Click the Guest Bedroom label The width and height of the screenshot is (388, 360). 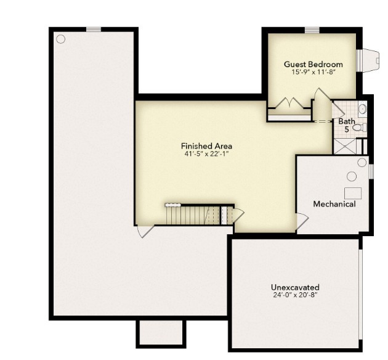click(x=313, y=64)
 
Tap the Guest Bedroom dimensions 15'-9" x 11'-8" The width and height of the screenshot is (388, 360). click(x=313, y=72)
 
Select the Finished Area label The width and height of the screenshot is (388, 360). click(x=206, y=146)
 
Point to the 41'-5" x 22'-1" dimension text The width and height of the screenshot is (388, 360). click(x=206, y=154)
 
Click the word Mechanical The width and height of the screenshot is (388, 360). click(x=334, y=204)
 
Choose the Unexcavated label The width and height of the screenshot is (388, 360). click(x=295, y=287)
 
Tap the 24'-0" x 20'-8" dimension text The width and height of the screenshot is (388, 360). click(x=295, y=295)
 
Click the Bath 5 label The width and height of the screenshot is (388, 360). click(x=346, y=125)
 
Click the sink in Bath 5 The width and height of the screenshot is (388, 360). click(x=362, y=109)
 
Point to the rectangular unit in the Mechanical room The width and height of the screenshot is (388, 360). click(x=353, y=192)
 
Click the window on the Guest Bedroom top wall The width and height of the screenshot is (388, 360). click(x=312, y=29)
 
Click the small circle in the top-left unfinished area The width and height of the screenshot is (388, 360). click(x=60, y=39)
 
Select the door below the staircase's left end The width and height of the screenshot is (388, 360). click(x=145, y=231)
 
